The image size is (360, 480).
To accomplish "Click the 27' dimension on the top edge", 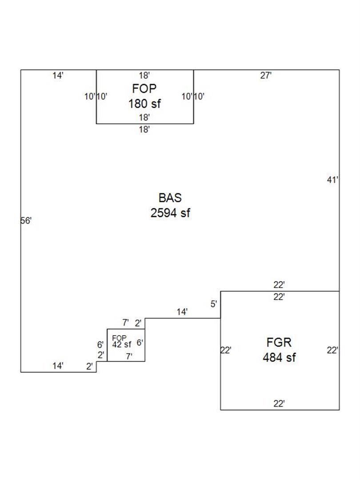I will point(266,76).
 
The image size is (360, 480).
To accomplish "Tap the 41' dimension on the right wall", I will point(333,180).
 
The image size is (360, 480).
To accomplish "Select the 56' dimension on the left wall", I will point(26,220).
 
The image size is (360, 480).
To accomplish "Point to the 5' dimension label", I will point(214,304).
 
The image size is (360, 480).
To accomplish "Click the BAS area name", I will point(170,198).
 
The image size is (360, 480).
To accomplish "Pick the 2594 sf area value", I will point(170,213).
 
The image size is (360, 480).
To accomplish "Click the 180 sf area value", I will point(144,104).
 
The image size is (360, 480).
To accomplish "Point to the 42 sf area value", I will point(122,344).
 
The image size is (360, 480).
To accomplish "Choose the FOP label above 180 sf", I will point(144,88).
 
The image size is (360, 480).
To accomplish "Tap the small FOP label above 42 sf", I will point(119,338).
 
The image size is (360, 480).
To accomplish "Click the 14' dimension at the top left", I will point(58,76).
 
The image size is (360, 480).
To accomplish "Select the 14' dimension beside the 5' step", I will point(182,312).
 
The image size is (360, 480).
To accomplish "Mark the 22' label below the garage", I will point(279,404).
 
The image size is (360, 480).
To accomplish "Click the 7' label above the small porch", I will point(126,323).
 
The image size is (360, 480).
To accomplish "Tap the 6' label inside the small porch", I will point(140,343).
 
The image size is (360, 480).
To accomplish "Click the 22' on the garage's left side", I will point(226,350).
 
